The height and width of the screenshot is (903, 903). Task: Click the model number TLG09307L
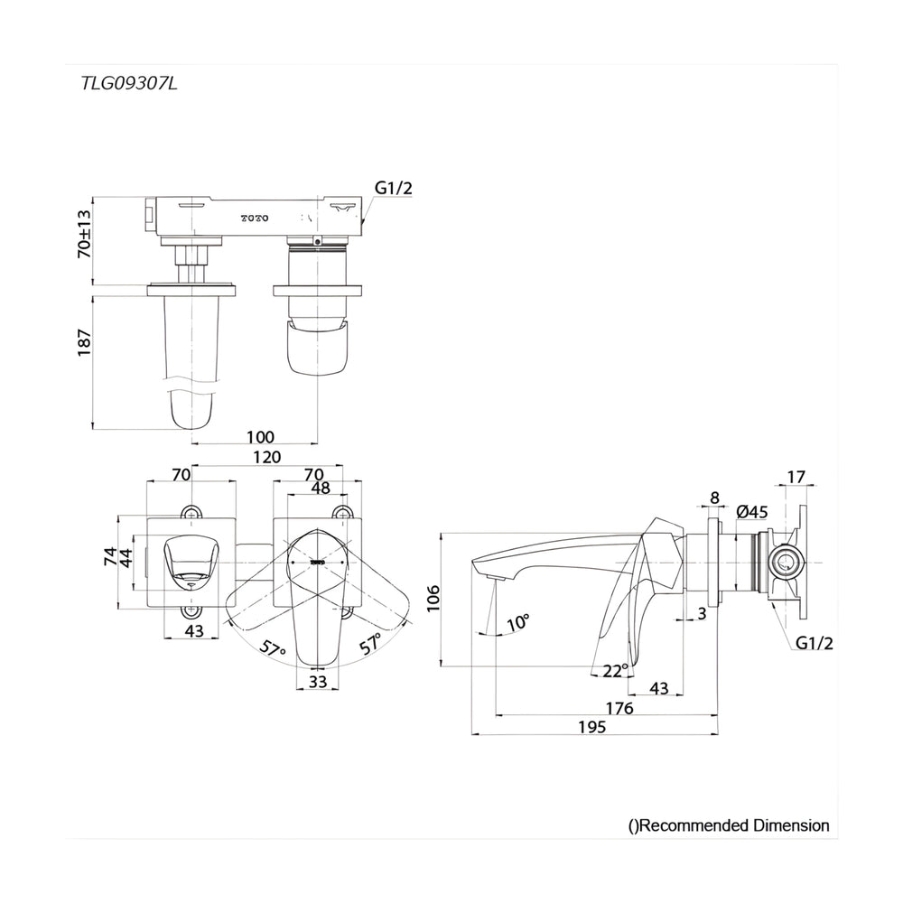129,84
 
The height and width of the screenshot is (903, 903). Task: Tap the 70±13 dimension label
84,233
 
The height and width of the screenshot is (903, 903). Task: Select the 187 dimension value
85,342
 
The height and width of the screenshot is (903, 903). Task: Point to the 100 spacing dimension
260,437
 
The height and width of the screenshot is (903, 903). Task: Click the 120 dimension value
267,457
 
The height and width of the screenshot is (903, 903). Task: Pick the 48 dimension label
321,488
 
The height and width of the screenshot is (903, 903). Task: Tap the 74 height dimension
110,556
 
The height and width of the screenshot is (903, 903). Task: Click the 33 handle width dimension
317,682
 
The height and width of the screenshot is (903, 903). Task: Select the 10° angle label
518,622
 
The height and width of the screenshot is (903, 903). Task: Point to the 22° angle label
616,671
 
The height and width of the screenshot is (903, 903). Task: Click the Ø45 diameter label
752,511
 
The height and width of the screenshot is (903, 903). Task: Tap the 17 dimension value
796,477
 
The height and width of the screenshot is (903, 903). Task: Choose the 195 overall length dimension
592,727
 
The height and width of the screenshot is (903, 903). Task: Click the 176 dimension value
619,708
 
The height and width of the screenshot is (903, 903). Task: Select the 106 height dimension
433,598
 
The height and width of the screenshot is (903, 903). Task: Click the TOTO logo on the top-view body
254,219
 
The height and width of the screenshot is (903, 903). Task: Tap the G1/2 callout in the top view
394,188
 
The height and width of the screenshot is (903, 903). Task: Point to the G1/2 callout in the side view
815,643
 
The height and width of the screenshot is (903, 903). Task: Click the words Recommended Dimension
735,825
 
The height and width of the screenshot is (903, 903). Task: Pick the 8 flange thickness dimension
714,498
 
